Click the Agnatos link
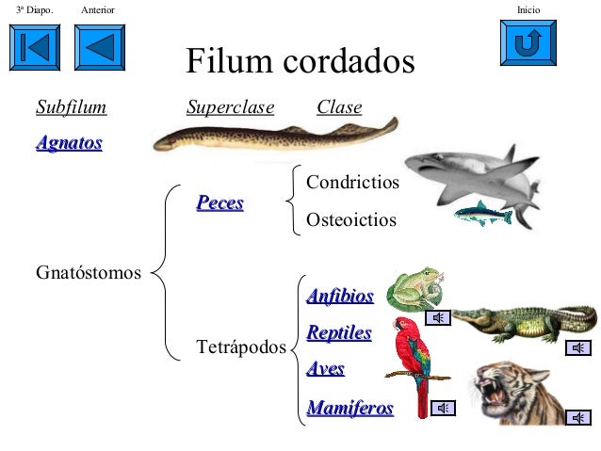(x=69, y=144)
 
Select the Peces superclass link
(x=219, y=202)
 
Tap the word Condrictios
(x=353, y=182)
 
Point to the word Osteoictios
(x=352, y=220)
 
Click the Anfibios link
(x=340, y=297)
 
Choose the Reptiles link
(x=339, y=333)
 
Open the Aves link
(x=326, y=369)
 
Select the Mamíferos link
(x=350, y=408)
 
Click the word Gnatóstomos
(x=89, y=274)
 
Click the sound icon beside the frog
(x=437, y=316)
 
